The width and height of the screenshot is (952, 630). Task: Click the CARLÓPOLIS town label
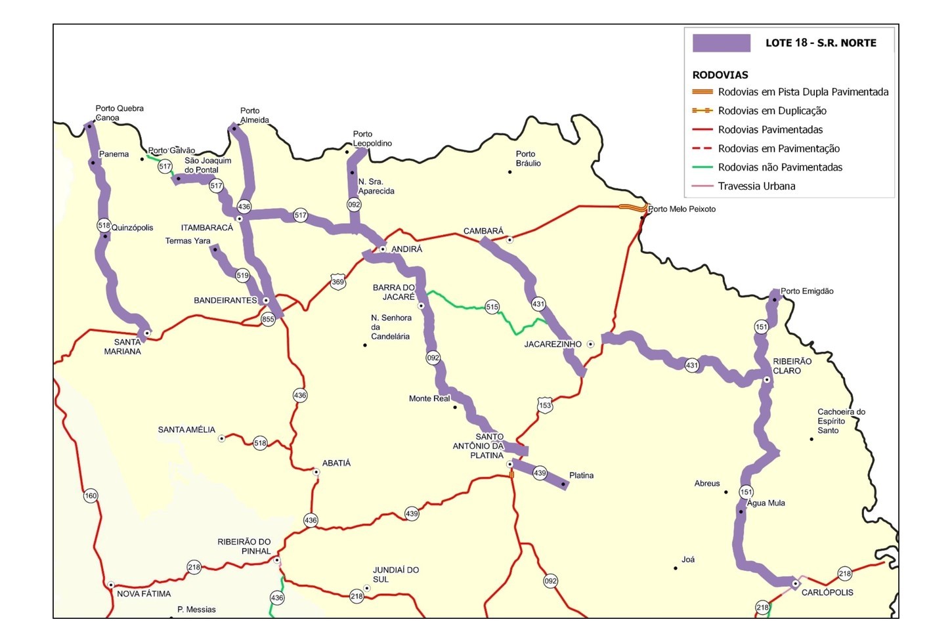tap(827, 593)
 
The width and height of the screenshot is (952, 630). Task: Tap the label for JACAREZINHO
tap(553, 345)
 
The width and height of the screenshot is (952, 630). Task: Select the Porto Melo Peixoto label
tap(682, 209)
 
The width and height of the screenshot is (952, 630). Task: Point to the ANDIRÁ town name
tap(406, 249)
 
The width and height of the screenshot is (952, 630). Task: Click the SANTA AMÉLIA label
tap(186, 430)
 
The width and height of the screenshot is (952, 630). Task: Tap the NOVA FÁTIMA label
tap(144, 594)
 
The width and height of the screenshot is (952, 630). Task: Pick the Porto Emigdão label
tap(807, 291)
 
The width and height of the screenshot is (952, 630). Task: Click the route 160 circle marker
tap(91, 495)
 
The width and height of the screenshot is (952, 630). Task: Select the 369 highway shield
tap(337, 282)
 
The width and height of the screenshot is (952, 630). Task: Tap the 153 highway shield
tap(545, 405)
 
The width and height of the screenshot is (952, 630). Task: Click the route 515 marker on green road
tap(492, 306)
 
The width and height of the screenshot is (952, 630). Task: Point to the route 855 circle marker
tap(268, 320)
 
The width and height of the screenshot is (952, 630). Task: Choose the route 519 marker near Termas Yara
tap(242, 276)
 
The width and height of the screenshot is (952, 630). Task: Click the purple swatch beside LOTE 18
tap(721, 43)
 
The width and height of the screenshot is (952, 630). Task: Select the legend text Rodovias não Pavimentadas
tap(780, 167)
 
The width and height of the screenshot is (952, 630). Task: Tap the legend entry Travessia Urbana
tap(756, 186)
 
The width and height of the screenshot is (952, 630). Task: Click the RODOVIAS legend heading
tap(720, 75)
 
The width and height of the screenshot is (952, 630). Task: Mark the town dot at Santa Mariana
tap(147, 333)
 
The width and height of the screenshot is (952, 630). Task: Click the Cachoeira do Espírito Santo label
tap(841, 421)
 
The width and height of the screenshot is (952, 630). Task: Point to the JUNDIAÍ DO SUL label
tap(395, 575)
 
